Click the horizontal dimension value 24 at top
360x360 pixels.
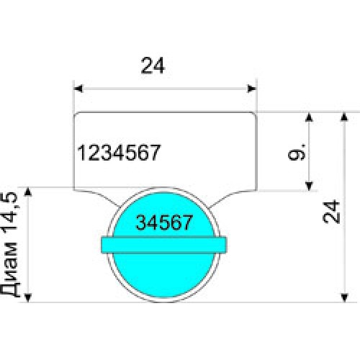pyautogui.click(x=153, y=66)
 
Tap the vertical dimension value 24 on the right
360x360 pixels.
pyautogui.click(x=331, y=212)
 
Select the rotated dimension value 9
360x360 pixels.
pyautogui.click(x=297, y=152)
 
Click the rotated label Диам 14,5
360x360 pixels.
pyautogui.click(x=9, y=244)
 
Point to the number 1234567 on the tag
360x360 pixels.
pyautogui.click(x=119, y=153)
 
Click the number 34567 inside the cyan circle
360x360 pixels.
pyautogui.click(x=164, y=222)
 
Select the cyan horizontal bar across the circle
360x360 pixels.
pyautogui.click(x=163, y=245)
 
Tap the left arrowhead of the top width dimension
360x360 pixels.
pyautogui.click(x=78, y=89)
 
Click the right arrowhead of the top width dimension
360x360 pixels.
pyautogui.click(x=252, y=89)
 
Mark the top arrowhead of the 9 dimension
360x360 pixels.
pyautogui.click(x=309, y=117)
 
